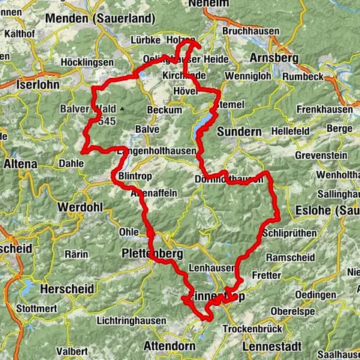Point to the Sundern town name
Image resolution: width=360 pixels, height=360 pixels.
click(239, 131)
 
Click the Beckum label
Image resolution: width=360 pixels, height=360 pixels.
click(164, 109)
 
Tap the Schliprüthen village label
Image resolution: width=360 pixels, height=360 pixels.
click(292, 232)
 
